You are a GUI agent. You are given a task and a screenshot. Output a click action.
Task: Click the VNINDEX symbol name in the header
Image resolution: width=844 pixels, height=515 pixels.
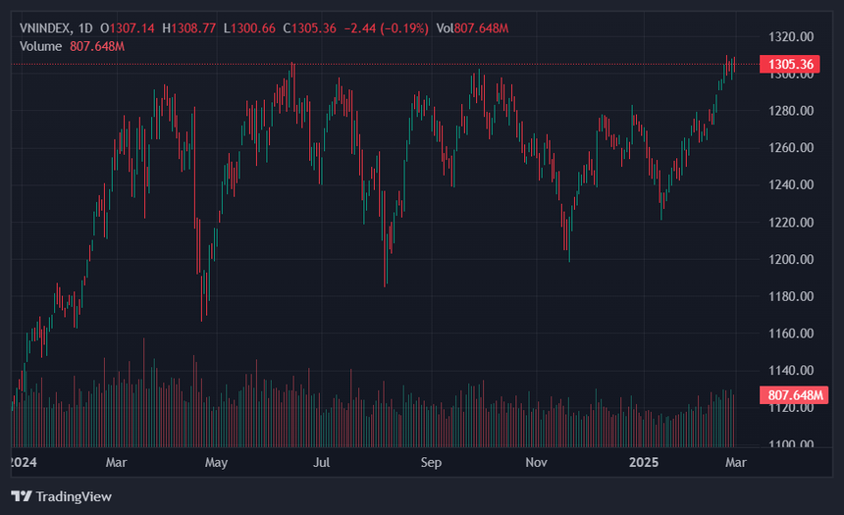point(45,28)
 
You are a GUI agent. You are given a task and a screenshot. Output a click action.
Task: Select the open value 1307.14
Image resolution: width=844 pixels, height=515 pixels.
point(132,28)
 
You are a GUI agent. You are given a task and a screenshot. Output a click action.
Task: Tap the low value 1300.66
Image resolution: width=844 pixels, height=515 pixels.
point(253,28)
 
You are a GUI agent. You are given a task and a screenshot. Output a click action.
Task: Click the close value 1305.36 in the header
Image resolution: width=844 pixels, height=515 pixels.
point(314,28)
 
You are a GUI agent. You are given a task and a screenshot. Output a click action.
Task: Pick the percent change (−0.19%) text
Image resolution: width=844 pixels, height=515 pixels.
point(404,28)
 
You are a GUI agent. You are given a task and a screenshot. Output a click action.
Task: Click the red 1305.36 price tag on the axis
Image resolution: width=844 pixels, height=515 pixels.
point(790,65)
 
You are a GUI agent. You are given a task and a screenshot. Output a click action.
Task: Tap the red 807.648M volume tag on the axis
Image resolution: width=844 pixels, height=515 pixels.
point(794,395)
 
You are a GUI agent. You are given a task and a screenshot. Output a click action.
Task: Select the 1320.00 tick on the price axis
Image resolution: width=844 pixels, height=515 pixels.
point(791,37)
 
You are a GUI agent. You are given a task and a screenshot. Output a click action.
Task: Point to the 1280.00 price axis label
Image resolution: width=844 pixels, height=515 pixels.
point(791,111)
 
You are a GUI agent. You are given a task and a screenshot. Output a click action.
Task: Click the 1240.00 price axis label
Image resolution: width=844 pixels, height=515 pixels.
point(791,184)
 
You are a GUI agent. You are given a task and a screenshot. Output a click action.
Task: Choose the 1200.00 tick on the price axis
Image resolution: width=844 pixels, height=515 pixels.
point(791,259)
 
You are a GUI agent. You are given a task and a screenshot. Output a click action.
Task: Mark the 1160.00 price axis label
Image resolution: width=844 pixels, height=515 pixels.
point(791,334)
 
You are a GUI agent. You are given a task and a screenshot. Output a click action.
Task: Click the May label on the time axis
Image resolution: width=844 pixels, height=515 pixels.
point(216,463)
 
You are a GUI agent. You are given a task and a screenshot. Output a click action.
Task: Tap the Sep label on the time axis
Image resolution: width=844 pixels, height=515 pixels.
point(431,463)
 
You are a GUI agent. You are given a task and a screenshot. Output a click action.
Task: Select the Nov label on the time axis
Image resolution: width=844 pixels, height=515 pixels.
point(536,463)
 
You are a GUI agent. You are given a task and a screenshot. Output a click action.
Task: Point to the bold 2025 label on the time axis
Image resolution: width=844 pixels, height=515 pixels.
point(644,463)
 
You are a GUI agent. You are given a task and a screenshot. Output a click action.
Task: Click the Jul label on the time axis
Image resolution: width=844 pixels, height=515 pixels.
point(321,463)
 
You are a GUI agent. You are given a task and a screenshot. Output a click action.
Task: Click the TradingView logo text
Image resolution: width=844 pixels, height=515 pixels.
point(74,496)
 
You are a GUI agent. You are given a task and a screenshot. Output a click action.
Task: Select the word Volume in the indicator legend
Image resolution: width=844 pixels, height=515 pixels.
point(40,47)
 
